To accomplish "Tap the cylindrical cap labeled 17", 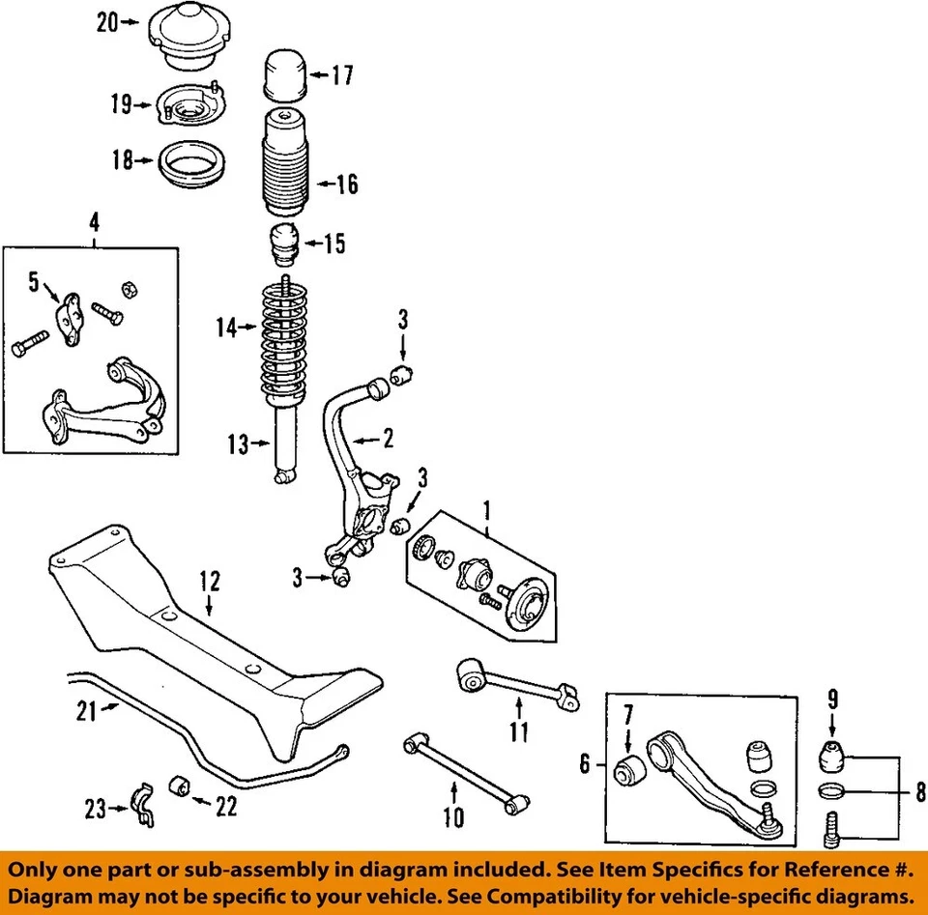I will (284, 76).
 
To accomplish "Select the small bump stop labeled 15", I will (285, 244).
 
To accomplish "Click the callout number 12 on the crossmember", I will (210, 581).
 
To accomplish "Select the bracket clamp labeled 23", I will (142, 807).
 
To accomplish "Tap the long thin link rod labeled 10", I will (465, 772).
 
